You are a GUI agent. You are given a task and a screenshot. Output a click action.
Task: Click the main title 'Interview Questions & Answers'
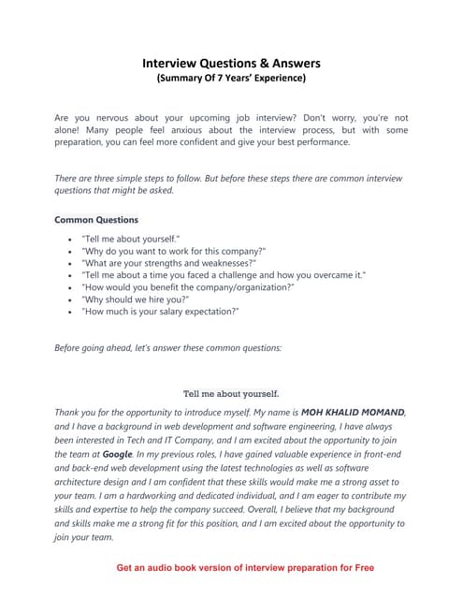[x=230, y=64]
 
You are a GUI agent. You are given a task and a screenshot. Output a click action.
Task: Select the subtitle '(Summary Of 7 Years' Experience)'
[x=230, y=80]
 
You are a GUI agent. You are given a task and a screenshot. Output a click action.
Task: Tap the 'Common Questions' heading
[x=96, y=220]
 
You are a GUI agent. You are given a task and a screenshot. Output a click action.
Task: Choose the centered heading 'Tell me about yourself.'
[x=230, y=393]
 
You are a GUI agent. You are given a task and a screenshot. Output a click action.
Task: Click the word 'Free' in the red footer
[x=360, y=567]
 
